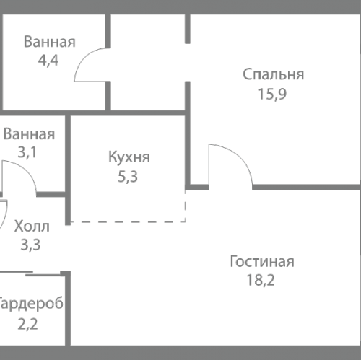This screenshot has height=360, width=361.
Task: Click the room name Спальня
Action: point(273,74)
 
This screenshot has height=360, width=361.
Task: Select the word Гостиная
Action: point(262,261)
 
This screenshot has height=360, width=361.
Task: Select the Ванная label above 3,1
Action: point(29,134)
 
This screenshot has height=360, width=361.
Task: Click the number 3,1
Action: point(29,152)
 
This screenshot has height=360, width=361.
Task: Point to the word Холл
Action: point(32,227)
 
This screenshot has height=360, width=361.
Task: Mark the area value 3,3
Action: point(30,245)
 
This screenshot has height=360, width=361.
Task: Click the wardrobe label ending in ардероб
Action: point(32,303)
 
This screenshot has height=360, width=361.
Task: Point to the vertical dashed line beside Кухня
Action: point(186,206)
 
